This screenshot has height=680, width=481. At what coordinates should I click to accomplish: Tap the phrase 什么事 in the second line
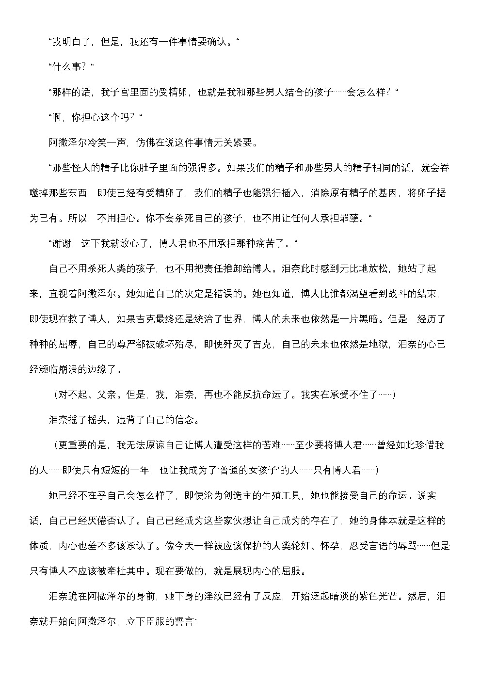coord(66,67)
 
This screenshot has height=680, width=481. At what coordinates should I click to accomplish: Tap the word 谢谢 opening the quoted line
coord(62,243)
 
